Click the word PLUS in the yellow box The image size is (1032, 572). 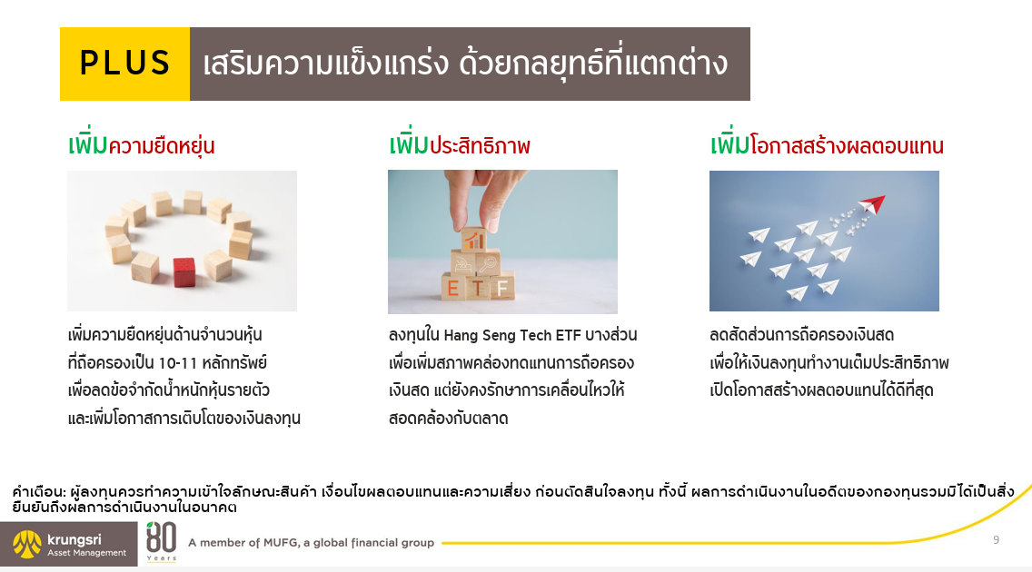click(x=124, y=63)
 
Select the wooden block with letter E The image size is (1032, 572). click(x=451, y=289)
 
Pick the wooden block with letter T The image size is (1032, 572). click(x=477, y=289)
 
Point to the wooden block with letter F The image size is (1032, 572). click(x=502, y=288)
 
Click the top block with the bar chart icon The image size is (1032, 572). click(x=474, y=240)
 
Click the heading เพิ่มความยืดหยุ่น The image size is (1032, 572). click(x=141, y=145)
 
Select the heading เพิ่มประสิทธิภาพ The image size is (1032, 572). click(x=460, y=145)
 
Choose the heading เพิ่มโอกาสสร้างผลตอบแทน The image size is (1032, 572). click(x=827, y=145)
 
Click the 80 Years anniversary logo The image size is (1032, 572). click(x=161, y=542)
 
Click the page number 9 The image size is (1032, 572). click(x=996, y=539)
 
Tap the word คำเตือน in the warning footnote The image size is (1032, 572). click(x=35, y=491)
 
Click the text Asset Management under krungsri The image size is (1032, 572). click(x=86, y=553)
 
